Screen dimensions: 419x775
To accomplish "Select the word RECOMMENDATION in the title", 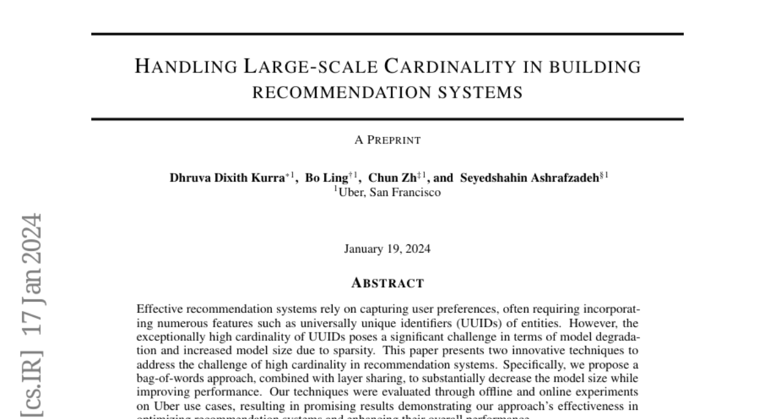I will (334, 92).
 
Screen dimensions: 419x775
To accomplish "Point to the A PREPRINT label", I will (387, 140).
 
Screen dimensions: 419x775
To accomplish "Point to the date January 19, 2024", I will (387, 249).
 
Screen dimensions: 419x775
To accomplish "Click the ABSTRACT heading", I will (387, 283).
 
